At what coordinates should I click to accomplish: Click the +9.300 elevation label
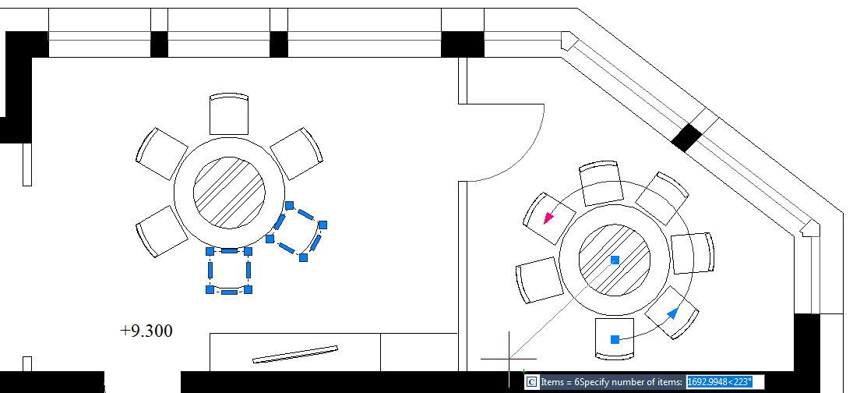coord(146,331)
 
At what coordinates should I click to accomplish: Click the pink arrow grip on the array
coord(548,218)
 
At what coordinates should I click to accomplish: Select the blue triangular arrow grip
coord(673,313)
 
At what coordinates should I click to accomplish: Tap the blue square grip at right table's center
coord(615,260)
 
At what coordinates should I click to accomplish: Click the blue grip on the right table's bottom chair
coord(615,339)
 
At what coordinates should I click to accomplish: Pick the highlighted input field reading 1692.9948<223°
coord(725,382)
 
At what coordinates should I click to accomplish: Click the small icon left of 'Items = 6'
coord(531,382)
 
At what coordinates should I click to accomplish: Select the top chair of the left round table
coord(229,114)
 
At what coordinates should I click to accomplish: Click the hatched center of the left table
coord(229,193)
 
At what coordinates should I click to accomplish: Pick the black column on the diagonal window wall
coord(687,138)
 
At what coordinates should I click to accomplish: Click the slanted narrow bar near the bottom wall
coord(295,354)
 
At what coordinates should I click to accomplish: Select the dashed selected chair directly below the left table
coord(229,271)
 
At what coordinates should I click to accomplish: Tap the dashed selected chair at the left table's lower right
coord(297,232)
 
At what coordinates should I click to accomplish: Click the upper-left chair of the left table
coord(161,154)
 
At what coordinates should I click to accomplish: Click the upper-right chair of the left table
coord(297,154)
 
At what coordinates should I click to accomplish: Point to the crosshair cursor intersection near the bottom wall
coord(509,359)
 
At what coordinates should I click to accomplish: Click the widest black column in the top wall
coord(463,44)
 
